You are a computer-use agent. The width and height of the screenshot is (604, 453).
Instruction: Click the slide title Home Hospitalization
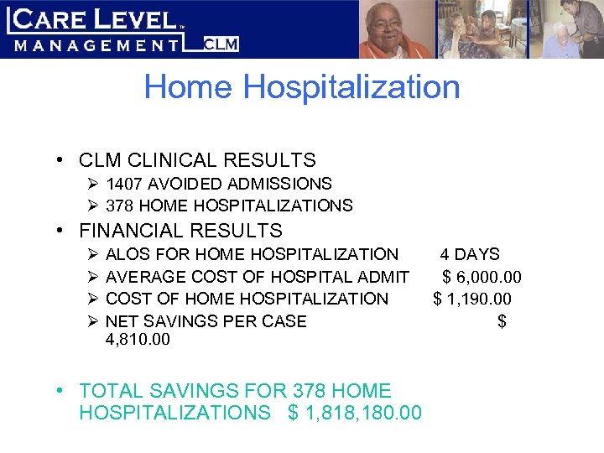[x=302, y=87]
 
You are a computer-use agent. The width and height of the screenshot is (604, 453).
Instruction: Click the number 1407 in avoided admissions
[x=125, y=184]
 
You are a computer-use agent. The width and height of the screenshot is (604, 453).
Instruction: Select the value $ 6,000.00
[x=482, y=277]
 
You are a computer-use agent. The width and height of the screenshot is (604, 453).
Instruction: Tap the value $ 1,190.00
[x=472, y=299]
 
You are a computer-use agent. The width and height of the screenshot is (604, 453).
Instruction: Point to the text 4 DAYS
[x=470, y=254]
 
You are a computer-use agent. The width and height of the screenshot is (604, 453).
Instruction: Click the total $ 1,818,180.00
[x=355, y=413]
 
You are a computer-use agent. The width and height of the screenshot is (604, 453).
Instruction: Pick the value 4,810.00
[x=138, y=340]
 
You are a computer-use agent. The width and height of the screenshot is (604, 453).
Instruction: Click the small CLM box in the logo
[x=221, y=44]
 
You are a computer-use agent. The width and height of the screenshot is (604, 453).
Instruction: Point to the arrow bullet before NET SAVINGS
[x=92, y=321]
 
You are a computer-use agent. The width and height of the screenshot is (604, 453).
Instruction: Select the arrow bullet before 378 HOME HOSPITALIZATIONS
[x=92, y=206]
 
